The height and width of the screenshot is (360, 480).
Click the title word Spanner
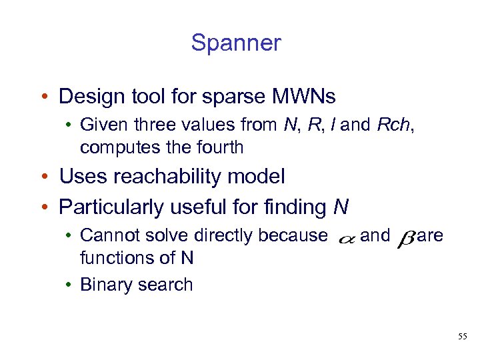point(236,43)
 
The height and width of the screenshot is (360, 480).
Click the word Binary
point(103,285)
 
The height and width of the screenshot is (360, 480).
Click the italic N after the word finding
point(341,207)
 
